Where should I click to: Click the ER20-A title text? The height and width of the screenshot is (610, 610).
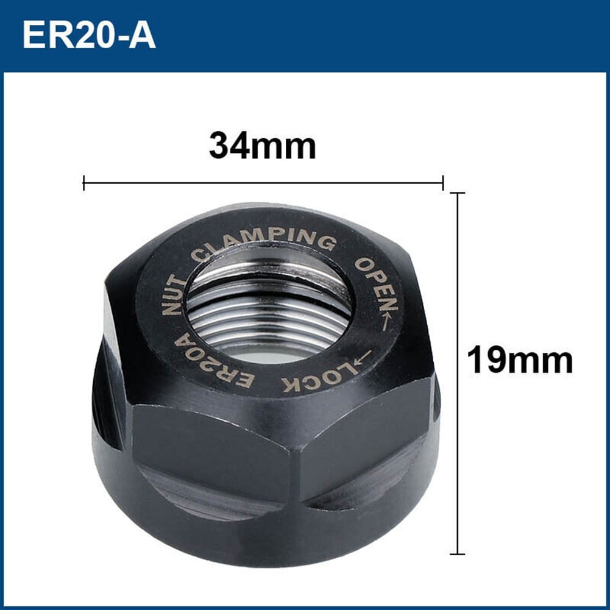89,36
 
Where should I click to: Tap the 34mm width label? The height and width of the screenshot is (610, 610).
263,146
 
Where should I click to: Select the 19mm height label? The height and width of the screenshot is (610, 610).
520,361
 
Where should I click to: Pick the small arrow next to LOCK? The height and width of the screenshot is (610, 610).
363,358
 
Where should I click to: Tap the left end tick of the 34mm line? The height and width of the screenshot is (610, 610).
83,182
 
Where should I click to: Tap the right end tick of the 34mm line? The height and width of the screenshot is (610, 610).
443,182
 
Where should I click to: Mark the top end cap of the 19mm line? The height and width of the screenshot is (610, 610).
458,193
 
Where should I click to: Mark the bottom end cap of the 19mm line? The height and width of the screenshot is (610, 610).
458,554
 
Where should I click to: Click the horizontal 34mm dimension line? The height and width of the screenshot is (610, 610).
262,182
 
